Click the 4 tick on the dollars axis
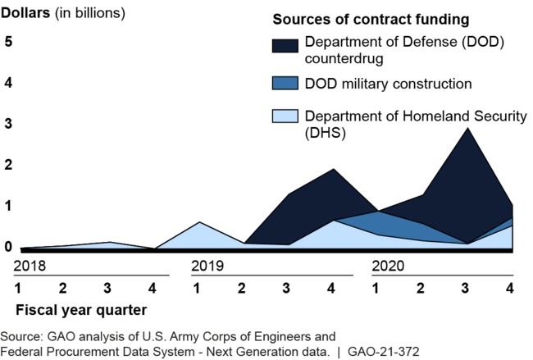pos(9,82)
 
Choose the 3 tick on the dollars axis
pos(9,124)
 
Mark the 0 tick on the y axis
pos(9,246)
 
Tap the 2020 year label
pos(388,266)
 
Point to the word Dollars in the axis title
pos(30,14)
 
